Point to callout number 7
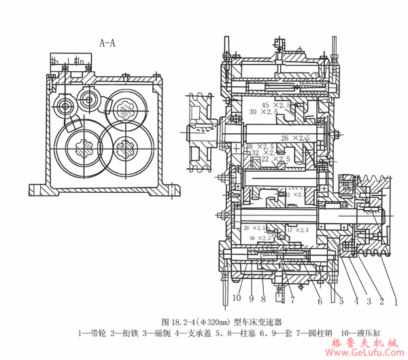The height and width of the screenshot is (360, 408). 293,298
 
